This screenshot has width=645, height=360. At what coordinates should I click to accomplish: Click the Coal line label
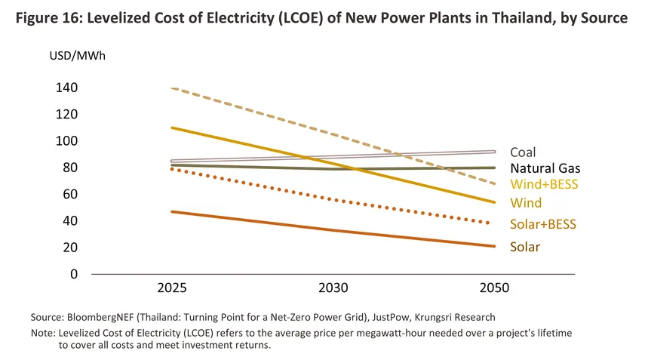pyautogui.click(x=523, y=152)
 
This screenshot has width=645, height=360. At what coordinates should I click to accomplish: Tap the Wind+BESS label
pyautogui.click(x=542, y=185)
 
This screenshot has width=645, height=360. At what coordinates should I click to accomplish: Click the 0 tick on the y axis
pyautogui.click(x=73, y=274)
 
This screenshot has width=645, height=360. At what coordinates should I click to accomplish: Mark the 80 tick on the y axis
pyautogui.click(x=70, y=168)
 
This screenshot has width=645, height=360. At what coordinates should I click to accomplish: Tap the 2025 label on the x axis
pyautogui.click(x=172, y=288)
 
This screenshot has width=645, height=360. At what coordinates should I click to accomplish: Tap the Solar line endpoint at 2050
pyautogui.click(x=493, y=246)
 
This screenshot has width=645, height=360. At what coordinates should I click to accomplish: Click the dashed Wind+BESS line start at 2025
pyautogui.click(x=172, y=88)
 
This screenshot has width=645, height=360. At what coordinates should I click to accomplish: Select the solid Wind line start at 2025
pyautogui.click(x=172, y=128)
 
